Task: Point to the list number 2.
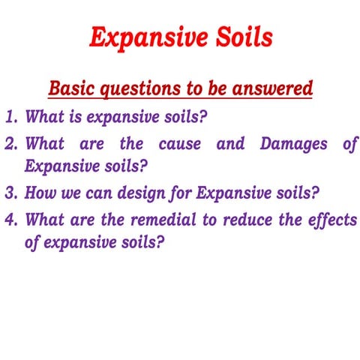click(x=10, y=144)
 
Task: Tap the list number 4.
click(x=10, y=220)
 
